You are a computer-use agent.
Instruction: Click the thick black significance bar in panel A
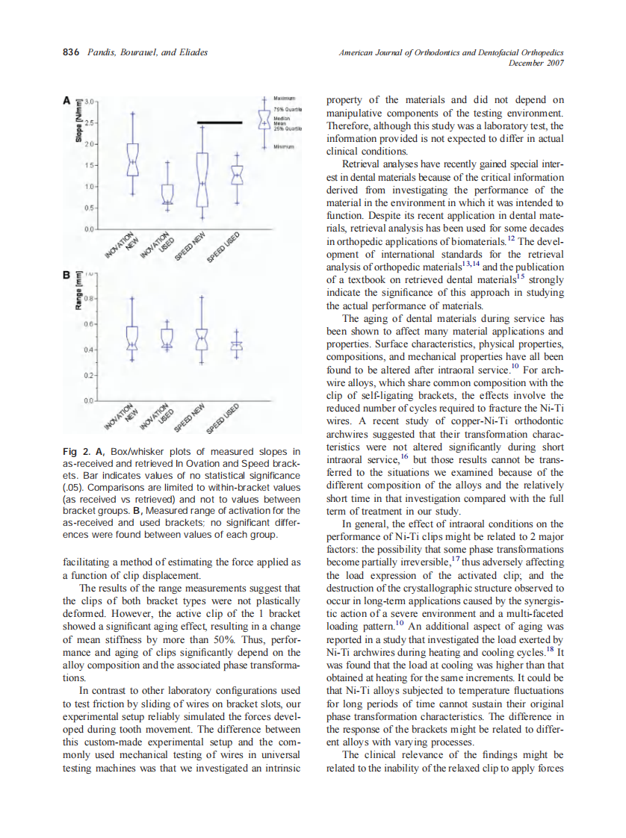220,122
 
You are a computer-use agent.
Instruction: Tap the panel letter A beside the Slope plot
66,99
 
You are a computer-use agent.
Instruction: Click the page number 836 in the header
71,53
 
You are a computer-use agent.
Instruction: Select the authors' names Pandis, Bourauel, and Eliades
146,53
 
